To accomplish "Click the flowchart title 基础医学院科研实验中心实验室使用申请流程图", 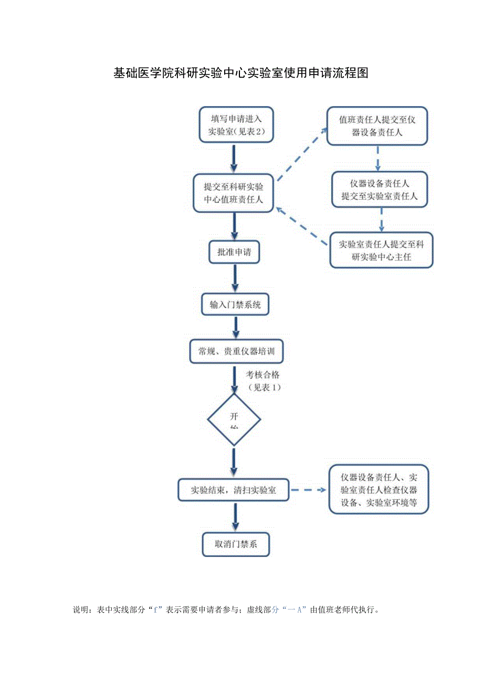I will [240, 73].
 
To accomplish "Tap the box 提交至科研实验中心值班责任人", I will [234, 193].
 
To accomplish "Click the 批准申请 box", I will [234, 252].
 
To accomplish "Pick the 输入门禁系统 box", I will [235, 304].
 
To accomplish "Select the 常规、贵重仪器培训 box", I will [236, 352].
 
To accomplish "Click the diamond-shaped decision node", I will [234, 420].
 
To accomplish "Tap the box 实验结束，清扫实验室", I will [234, 490].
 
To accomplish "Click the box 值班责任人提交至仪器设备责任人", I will [377, 126].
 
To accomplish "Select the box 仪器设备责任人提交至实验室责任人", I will [379, 190].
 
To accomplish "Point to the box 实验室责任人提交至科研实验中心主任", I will [382, 250].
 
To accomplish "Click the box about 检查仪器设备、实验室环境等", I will [379, 490].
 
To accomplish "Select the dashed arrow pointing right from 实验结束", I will [309, 490].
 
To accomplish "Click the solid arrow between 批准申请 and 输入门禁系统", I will [235, 278].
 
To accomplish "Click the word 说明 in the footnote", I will [81, 610].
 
